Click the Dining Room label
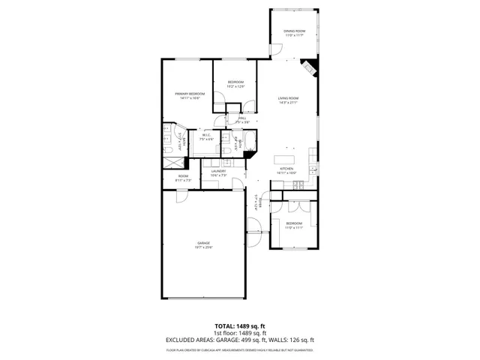pyautogui.click(x=293, y=32)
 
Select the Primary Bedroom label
pyautogui.click(x=190, y=95)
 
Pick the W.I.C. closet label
pyautogui.click(x=206, y=136)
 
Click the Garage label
pyautogui.click(x=203, y=244)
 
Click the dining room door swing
pyautogui.click(x=276, y=50)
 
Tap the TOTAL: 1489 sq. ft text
pyautogui.click(x=239, y=326)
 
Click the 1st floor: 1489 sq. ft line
pyautogui.click(x=239, y=333)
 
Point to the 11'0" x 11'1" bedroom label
pyautogui.click(x=294, y=224)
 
